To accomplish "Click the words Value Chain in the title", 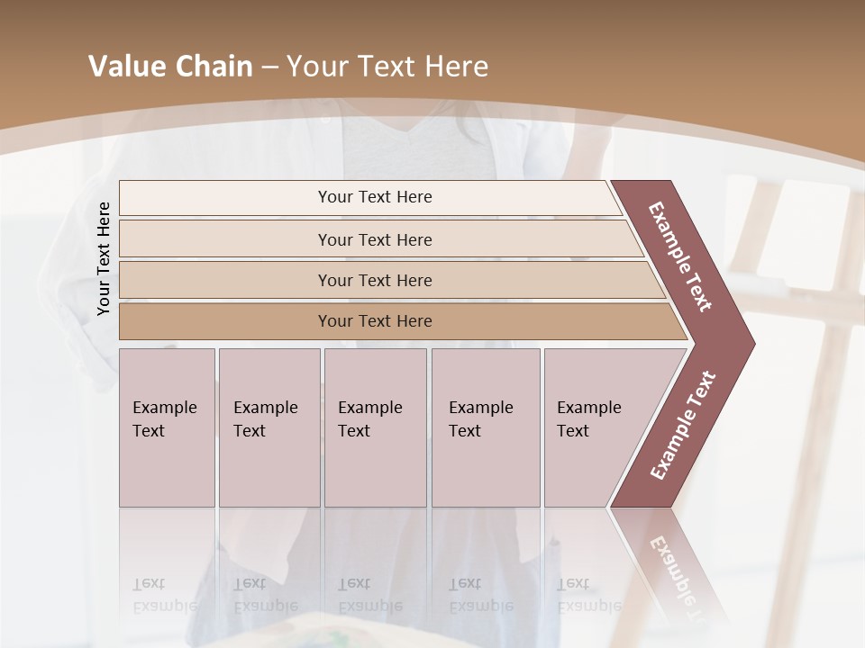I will (170, 67).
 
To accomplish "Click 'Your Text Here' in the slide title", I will (387, 67).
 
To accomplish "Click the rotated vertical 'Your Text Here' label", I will (104, 258).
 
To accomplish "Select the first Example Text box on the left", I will (167, 427).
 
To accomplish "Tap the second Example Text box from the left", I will (269, 427).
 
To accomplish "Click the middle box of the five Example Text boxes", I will (375, 427).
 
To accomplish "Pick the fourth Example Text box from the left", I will (485, 427).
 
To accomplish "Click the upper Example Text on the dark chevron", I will (680, 256).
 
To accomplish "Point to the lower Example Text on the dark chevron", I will (683, 425).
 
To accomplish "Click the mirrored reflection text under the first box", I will (164, 594).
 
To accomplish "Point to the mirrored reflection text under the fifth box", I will (588, 594).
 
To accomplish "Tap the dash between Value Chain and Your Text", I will (269, 67).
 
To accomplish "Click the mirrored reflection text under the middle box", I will (369, 594).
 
